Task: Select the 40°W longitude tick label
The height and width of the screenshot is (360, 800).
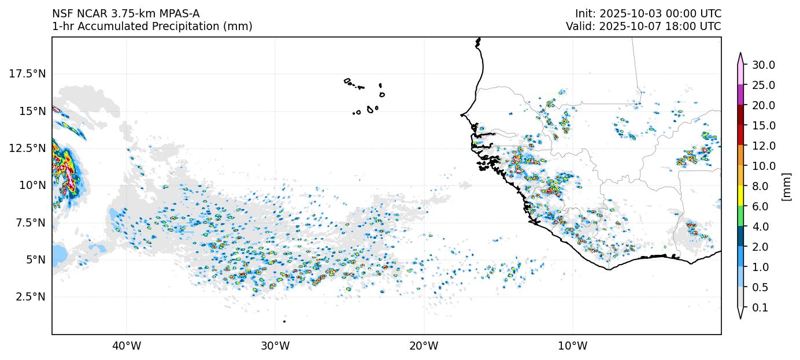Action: click(126, 346)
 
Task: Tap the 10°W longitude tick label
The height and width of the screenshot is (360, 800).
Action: click(572, 346)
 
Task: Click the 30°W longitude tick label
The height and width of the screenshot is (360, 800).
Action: click(275, 346)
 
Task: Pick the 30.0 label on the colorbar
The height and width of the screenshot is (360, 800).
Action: click(763, 65)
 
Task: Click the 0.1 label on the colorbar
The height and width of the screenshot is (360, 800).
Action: click(760, 308)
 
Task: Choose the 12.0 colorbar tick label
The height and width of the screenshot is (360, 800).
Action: click(763, 146)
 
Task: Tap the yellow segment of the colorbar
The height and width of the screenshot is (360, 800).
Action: click(740, 196)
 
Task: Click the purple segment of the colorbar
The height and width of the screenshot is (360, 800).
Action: click(740, 95)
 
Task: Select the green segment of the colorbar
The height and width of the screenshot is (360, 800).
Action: click(740, 217)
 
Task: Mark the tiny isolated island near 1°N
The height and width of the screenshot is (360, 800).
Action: click(284, 321)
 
